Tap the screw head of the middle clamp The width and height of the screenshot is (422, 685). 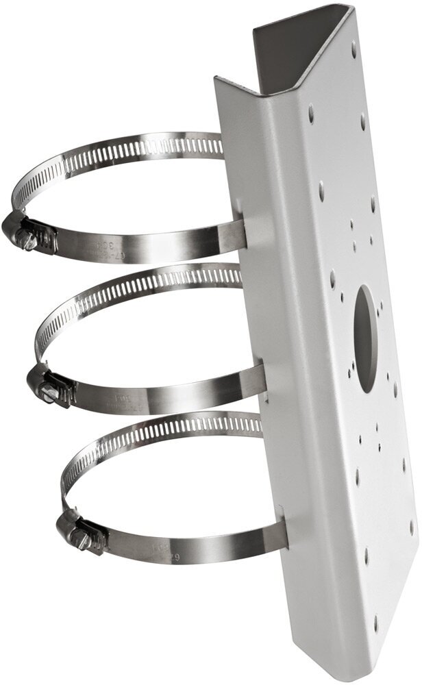48,393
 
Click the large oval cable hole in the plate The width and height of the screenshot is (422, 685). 367,338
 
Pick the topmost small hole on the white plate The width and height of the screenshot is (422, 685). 354,48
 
